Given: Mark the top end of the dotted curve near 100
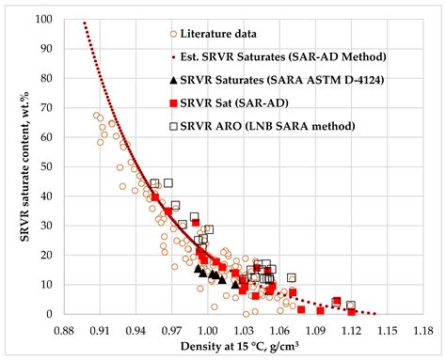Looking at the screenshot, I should [84, 23].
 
